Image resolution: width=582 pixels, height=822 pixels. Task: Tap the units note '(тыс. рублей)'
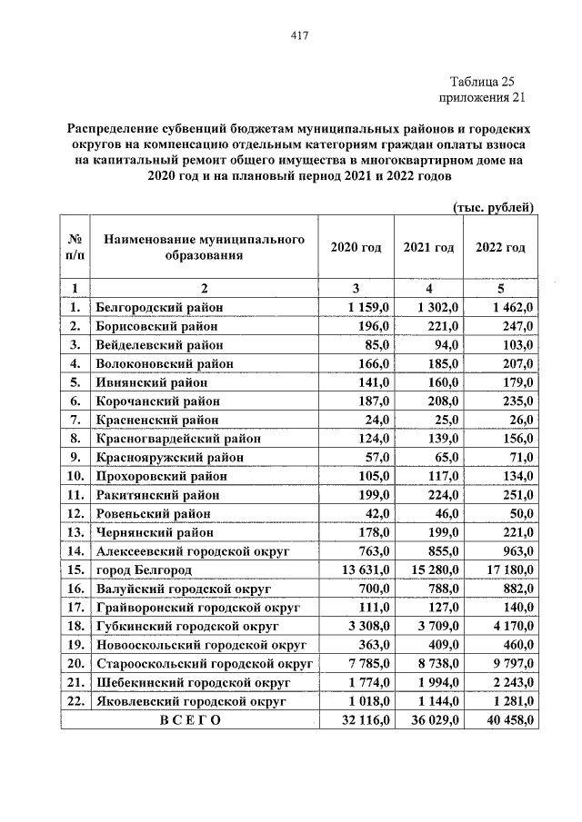click(x=493, y=207)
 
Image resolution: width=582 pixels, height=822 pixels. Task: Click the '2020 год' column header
click(x=356, y=248)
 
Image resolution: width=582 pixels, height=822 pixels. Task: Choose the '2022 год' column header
click(x=500, y=248)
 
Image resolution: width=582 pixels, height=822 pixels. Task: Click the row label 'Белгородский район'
click(x=159, y=308)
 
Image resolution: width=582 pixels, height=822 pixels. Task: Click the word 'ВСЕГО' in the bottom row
click(x=190, y=719)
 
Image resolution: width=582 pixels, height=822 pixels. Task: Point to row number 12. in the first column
click(x=75, y=513)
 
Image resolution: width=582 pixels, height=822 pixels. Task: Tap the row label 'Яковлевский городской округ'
click(x=190, y=701)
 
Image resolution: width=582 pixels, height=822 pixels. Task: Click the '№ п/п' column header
click(x=75, y=247)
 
